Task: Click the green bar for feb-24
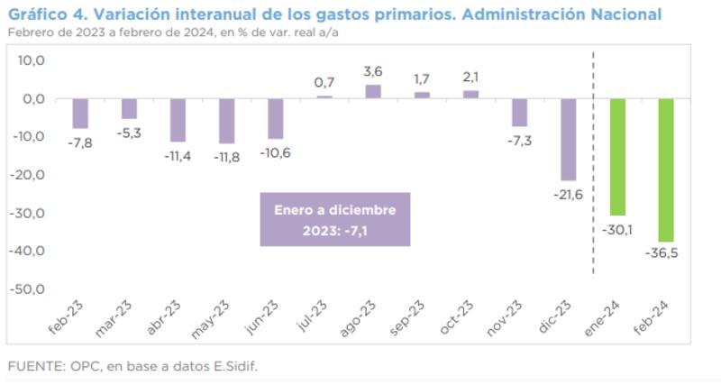coord(665,170)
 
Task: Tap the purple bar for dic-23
coord(568,140)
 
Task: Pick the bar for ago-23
coord(372,91)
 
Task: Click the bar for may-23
coord(226,121)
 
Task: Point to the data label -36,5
coord(662,252)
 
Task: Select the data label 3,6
coord(373,71)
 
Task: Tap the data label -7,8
coord(81,141)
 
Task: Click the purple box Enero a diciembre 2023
coord(334,219)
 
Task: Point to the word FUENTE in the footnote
coord(31,366)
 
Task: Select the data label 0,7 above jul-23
coord(324,83)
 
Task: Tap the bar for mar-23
coord(129,108)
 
